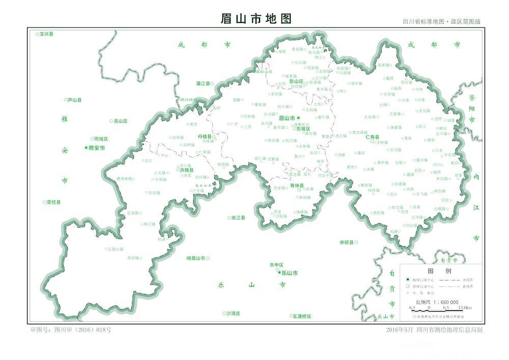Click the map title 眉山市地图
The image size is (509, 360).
pyautogui.click(x=256, y=18)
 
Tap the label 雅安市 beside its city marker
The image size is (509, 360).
pyautogui.click(x=96, y=148)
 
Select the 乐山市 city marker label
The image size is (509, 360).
pyautogui.click(x=290, y=273)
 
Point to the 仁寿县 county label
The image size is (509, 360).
pyautogui.click(x=373, y=136)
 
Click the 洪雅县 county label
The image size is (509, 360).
pyautogui.click(x=186, y=170)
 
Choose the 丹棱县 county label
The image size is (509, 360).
pyautogui.click(x=205, y=136)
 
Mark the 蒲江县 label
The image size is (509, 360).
pyautogui.click(x=203, y=83)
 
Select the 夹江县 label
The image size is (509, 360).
pyautogui.click(x=238, y=217)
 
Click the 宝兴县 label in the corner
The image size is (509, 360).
pyautogui.click(x=46, y=34)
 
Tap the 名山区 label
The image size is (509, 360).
pyautogui.click(x=121, y=121)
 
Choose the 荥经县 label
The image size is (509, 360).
pyautogui.click(x=53, y=202)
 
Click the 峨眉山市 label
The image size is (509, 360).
pyautogui.click(x=195, y=259)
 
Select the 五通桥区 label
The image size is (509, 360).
pyautogui.click(x=302, y=316)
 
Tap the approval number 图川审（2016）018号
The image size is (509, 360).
pyautogui.click(x=71, y=330)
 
